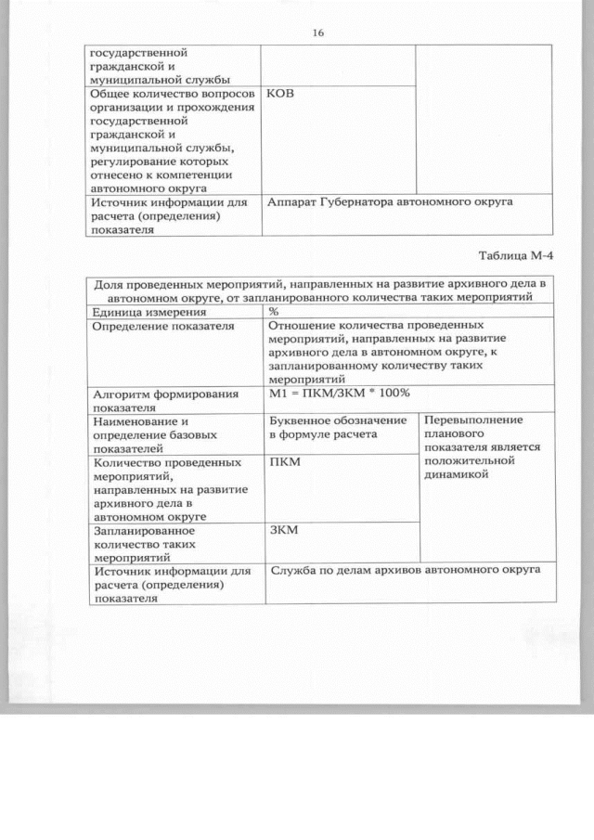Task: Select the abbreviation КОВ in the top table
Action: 280,94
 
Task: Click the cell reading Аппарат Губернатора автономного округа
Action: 390,202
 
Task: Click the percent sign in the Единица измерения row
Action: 274,312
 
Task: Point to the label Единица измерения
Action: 148,312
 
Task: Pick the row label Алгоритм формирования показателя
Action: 158,400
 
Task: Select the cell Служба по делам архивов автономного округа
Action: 405,571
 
